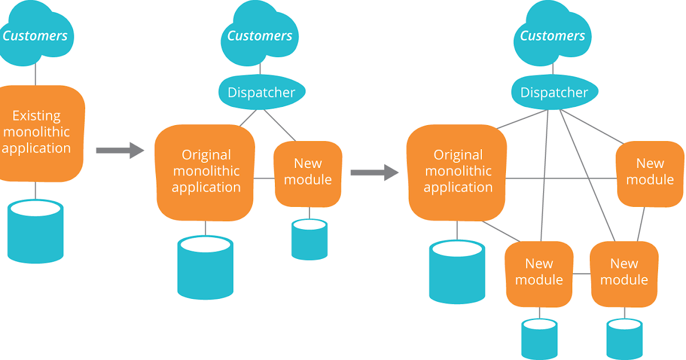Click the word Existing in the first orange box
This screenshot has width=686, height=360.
[x=36, y=116]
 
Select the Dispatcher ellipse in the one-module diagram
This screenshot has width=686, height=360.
[x=262, y=92]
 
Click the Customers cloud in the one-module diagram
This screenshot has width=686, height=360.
[x=260, y=35]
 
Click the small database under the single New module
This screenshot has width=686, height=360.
[x=309, y=239]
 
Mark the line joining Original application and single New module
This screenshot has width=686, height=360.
[x=264, y=178]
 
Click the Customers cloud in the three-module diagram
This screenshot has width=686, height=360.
[x=552, y=35]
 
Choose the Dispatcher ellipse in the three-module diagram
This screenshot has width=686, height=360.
[x=554, y=92]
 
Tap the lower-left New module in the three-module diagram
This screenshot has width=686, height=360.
[x=539, y=273]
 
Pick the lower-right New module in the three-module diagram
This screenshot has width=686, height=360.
[x=624, y=273]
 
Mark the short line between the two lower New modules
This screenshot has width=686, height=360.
[x=581, y=274]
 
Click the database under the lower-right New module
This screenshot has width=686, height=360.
[x=624, y=339]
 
